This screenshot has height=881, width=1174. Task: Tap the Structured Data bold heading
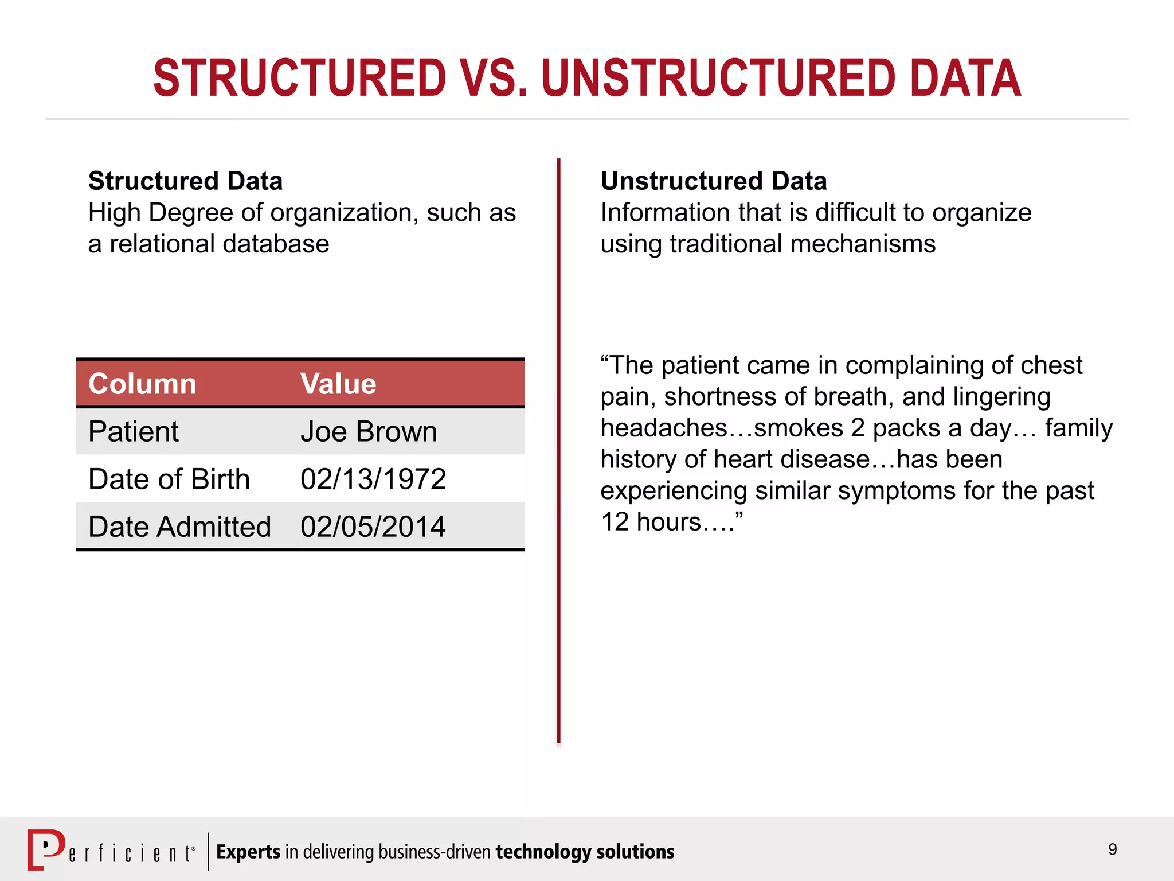(185, 181)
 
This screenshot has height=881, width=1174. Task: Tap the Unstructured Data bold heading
(714, 181)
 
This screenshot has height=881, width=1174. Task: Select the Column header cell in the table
(142, 384)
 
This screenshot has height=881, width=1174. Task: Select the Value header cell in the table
(338, 384)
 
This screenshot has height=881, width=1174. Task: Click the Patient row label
(133, 431)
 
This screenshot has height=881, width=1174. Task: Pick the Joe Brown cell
(369, 431)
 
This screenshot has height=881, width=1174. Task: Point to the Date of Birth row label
(169, 479)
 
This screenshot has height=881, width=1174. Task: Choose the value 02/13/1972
(373, 479)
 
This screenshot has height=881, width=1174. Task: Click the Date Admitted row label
(179, 527)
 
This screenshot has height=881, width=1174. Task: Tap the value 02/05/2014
(373, 527)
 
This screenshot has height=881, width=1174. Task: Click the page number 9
(1112, 849)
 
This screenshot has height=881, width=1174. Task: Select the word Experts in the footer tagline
(248, 852)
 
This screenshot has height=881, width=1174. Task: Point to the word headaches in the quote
(663, 428)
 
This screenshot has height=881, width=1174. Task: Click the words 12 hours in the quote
(651, 522)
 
